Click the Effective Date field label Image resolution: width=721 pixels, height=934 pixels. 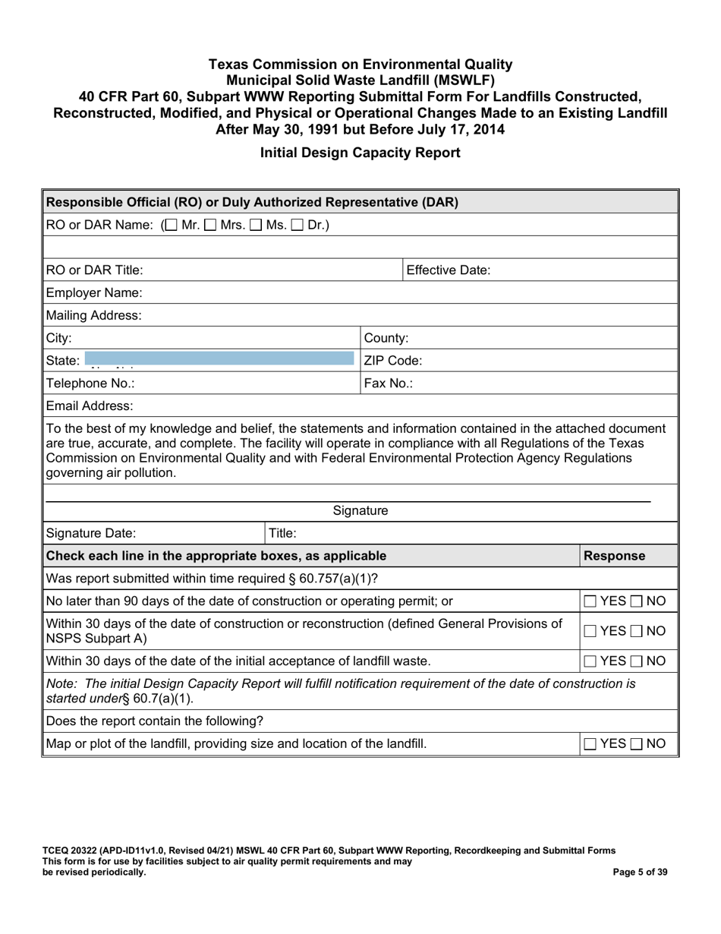click(449, 270)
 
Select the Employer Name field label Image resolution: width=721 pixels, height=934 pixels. click(94, 292)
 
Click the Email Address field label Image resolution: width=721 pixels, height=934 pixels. click(90, 406)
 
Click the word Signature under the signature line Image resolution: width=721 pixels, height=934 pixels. click(360, 511)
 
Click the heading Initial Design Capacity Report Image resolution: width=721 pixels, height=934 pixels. click(360, 153)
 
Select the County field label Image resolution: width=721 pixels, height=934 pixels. click(387, 338)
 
